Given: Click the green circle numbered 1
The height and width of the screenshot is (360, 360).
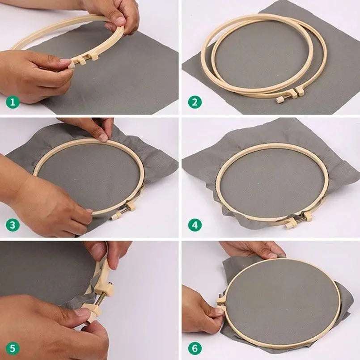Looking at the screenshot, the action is coord(13,102).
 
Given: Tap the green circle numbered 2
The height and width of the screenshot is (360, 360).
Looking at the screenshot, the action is coord(195,102).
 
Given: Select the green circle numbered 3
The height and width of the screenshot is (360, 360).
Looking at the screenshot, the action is coord(13,225).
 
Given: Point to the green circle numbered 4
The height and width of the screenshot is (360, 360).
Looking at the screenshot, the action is coord(195,225).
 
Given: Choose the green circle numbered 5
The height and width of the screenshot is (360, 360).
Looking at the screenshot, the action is coord(13,348).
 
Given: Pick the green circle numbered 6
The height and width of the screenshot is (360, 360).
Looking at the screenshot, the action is coord(195,348).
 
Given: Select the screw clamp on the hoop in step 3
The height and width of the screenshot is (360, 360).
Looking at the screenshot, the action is coord(123,210).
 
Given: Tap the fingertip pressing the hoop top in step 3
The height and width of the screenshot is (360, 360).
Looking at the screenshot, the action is coord(102,138).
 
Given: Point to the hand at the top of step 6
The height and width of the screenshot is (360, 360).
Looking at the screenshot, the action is coord(252,250).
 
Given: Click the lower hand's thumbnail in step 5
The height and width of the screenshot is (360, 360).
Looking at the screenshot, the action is coord(81,312).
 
